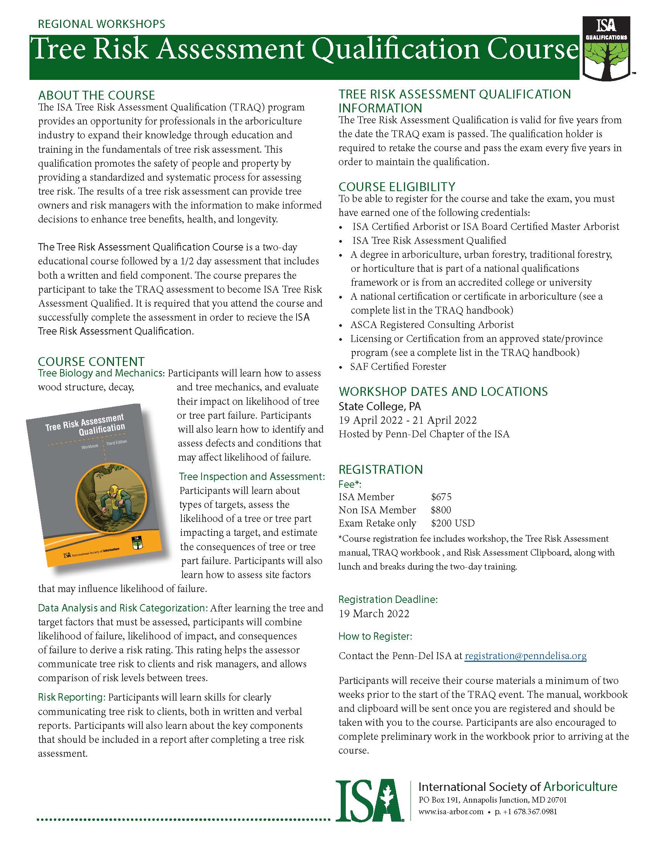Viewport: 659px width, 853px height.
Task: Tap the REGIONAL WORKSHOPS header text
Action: (102, 24)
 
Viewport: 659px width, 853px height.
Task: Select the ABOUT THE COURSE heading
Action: (97, 95)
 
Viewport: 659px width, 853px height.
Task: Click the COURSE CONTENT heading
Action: (91, 361)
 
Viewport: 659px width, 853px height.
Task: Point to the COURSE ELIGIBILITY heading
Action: (397, 187)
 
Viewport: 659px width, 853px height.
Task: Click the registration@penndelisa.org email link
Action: (526, 656)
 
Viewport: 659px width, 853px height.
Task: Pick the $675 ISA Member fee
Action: (441, 497)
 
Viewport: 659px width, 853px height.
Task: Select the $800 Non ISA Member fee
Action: (441, 510)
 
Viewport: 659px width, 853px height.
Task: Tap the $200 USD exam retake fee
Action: (453, 523)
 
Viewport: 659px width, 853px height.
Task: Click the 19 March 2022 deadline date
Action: (374, 614)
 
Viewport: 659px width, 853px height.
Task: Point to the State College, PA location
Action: (380, 407)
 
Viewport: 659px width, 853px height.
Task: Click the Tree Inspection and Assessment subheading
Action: (252, 477)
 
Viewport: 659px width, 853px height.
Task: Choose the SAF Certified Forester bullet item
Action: (398, 367)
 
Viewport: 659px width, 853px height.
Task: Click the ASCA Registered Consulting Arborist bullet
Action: (432, 325)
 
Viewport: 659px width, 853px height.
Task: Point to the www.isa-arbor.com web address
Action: (451, 812)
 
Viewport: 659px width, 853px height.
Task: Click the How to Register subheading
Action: (375, 636)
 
